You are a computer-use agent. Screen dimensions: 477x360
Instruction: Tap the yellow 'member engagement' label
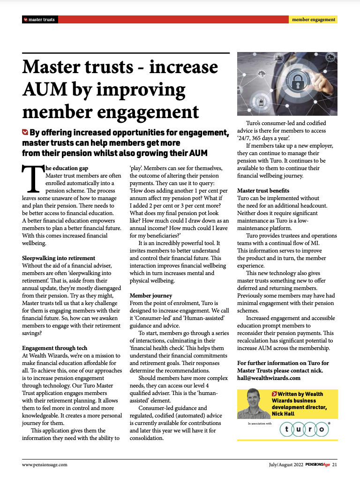coord(313,20)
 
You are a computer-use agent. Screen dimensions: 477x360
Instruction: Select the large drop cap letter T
coord(33,179)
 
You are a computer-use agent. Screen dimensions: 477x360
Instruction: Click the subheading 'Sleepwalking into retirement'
coord(59,258)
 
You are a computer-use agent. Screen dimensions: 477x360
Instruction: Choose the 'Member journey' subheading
coord(150,296)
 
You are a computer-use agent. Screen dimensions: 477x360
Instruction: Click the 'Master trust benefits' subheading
coord(263,191)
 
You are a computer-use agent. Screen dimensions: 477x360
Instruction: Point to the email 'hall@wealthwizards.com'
coord(269,378)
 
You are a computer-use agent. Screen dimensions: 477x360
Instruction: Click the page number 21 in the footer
coord(335,465)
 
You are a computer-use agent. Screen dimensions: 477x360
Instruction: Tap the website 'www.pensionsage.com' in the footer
coord(45,465)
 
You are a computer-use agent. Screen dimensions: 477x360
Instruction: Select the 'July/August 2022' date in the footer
coord(279,465)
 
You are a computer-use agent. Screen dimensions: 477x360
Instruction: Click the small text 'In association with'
coord(260,423)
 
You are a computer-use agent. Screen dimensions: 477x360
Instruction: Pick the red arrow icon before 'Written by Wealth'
coord(274,394)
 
